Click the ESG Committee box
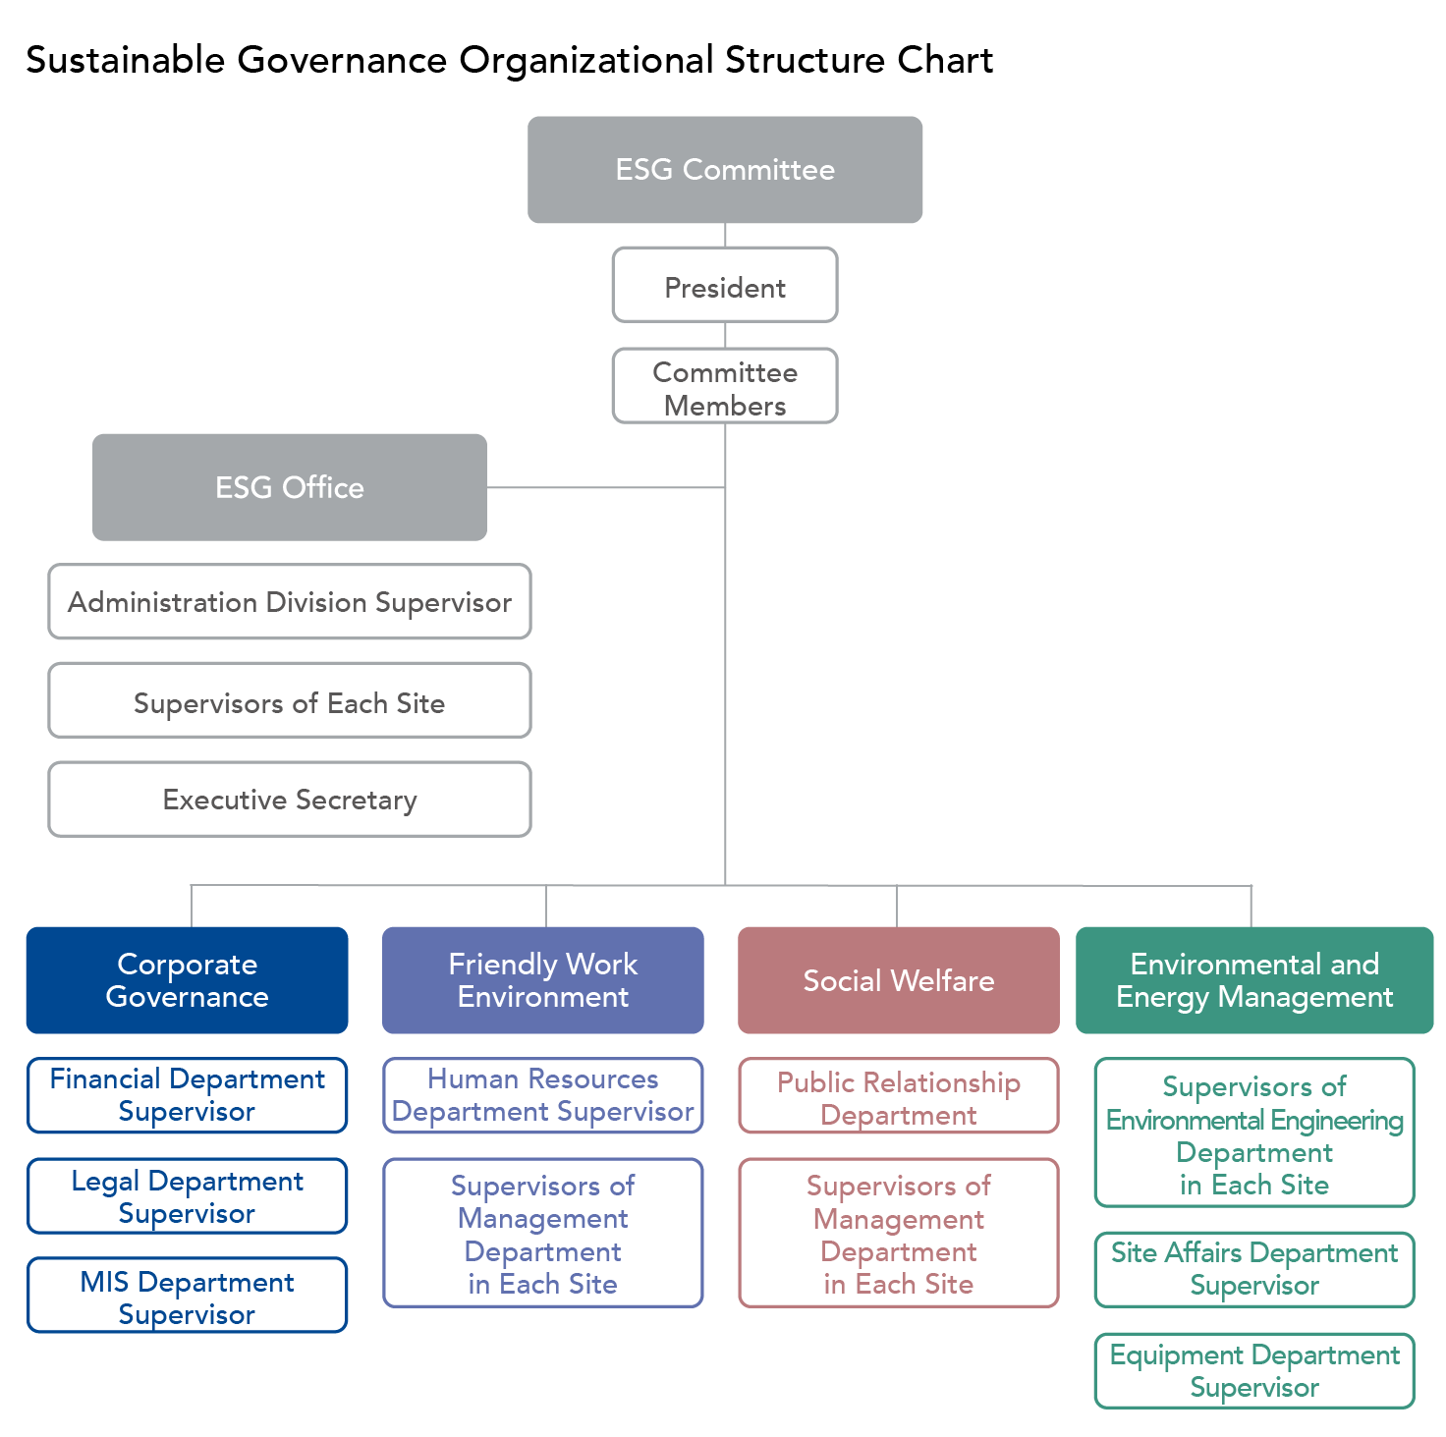(x=725, y=170)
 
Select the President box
(x=725, y=285)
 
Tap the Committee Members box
(x=725, y=386)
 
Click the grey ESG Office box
(x=290, y=487)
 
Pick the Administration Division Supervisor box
(x=290, y=601)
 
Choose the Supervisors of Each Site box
(x=290, y=700)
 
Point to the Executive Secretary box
(x=290, y=799)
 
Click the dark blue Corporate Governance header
(x=187, y=980)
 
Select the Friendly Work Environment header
(x=543, y=980)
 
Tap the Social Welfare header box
(x=899, y=980)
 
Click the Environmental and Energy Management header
(x=1254, y=980)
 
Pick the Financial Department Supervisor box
(x=187, y=1095)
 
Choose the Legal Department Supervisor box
(x=187, y=1196)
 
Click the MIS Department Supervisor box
(x=187, y=1296)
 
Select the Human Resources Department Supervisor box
(x=543, y=1095)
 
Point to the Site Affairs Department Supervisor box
(x=1254, y=1269)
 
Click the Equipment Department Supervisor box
(x=1254, y=1370)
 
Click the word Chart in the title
(x=945, y=60)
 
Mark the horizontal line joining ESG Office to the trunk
(x=606, y=487)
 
